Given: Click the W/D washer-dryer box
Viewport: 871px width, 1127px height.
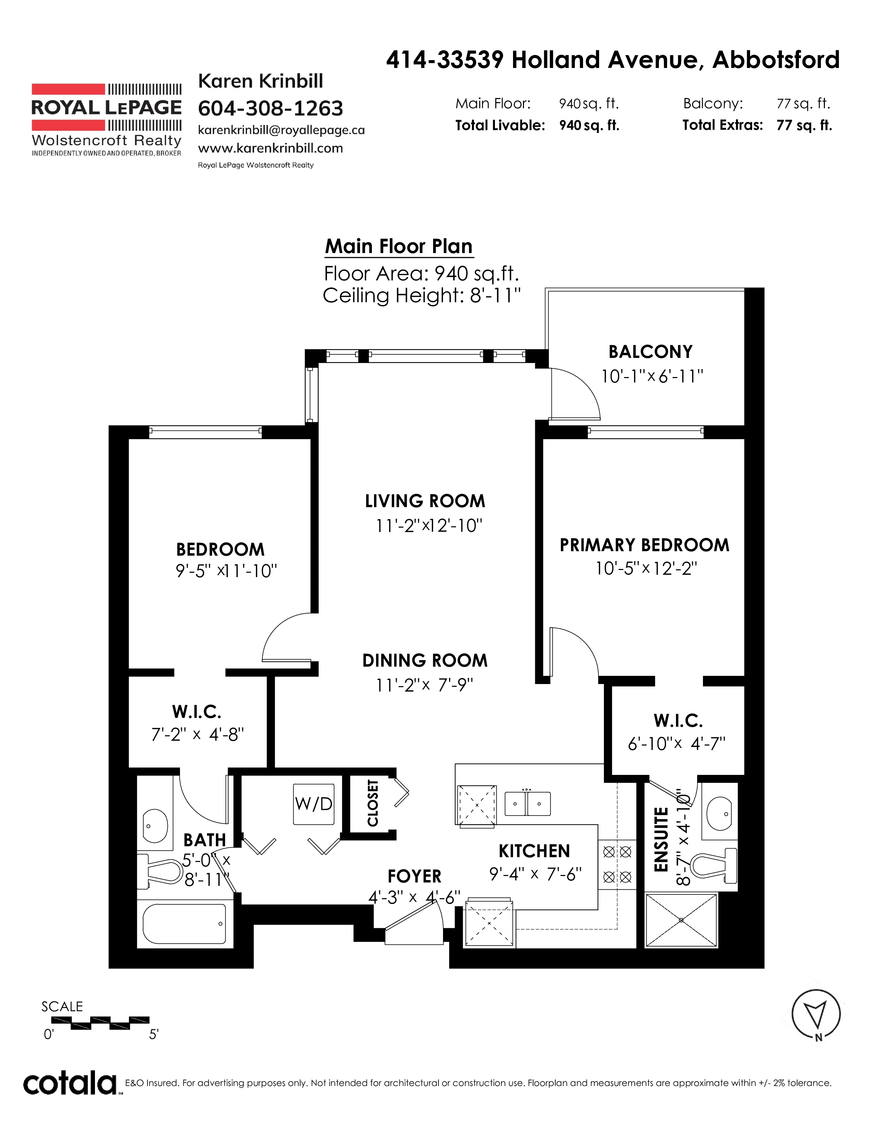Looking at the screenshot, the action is tap(314, 804).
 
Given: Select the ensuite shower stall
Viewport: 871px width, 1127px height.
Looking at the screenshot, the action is tap(681, 920).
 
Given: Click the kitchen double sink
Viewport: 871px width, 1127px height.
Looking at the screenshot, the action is tap(527, 804).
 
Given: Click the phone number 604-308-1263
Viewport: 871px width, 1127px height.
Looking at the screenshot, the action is tap(271, 108).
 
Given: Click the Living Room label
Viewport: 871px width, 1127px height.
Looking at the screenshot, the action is tap(425, 501).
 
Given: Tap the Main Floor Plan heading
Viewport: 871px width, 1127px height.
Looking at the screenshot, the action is tap(399, 246).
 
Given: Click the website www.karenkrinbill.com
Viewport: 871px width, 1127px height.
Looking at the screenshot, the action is tap(271, 148).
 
